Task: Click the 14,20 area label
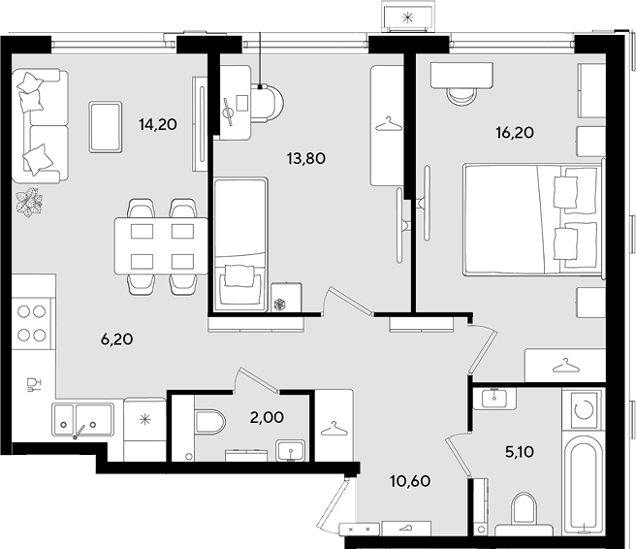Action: [158, 124]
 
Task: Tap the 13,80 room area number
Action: [305, 158]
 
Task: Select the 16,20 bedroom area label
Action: [515, 133]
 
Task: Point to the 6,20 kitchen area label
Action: [116, 339]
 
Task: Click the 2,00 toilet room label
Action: [267, 417]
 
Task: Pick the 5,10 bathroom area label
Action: [520, 452]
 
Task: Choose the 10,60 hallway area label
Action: [410, 481]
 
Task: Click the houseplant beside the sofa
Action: [29, 202]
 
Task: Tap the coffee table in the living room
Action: [106, 127]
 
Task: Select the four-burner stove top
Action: [32, 323]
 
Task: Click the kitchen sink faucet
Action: [79, 432]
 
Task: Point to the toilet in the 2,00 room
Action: [209, 422]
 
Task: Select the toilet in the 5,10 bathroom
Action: [524, 513]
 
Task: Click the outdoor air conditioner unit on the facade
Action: [407, 16]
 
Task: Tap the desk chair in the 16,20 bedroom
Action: [461, 97]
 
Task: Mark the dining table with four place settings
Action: [162, 246]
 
